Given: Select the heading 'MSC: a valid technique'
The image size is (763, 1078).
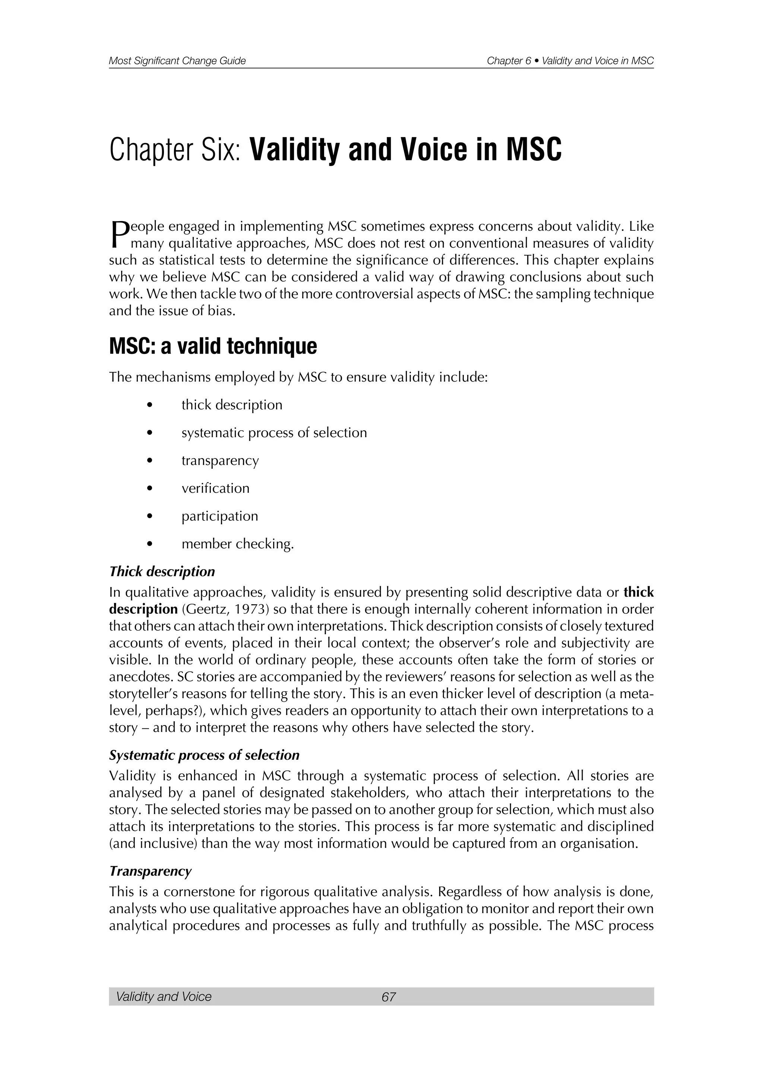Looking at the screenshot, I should (213, 347).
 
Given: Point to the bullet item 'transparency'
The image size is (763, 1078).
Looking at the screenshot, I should (220, 460).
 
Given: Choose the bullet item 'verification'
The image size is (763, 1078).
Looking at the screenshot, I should (215, 488).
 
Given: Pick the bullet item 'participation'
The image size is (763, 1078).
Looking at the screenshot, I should (219, 516).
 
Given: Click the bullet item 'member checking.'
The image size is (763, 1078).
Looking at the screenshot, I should (237, 544).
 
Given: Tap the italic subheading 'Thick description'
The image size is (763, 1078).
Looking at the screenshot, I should (162, 572).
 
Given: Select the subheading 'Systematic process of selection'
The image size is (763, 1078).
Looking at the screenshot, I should (204, 755).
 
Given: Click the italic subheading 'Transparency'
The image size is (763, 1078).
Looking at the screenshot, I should (151, 871).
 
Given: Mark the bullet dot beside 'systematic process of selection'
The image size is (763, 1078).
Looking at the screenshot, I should (149, 433).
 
